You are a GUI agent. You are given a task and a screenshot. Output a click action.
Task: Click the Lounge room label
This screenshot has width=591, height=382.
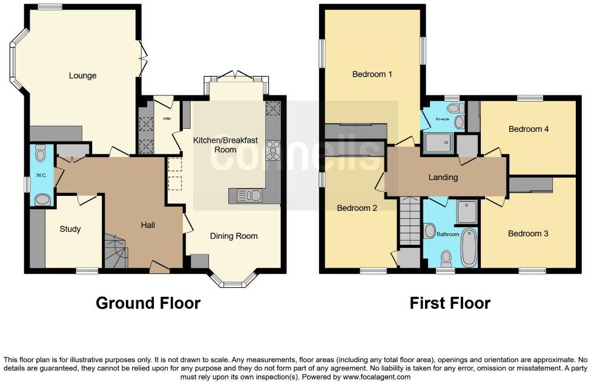(82, 76)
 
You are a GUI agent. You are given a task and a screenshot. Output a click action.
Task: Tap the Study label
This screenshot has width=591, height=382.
(70, 229)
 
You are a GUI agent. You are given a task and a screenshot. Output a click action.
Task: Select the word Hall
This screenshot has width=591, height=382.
(148, 225)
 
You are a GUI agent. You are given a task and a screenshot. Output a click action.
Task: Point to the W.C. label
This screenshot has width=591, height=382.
(41, 176)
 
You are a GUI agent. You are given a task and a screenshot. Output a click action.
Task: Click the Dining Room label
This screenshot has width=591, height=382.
(234, 236)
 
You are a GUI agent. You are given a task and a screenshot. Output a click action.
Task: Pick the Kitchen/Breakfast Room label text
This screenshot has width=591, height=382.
(225, 144)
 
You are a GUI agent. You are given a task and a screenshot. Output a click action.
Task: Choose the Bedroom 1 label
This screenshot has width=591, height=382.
(372, 74)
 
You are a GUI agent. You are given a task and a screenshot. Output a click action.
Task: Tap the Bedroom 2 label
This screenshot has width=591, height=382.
(357, 208)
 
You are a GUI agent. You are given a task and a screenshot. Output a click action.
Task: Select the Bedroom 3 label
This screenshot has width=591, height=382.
(528, 233)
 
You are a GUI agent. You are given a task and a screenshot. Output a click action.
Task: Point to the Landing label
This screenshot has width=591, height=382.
(443, 177)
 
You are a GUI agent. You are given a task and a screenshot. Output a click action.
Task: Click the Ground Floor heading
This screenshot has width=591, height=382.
(148, 302)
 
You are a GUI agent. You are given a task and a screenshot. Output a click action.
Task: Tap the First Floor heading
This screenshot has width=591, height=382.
(450, 302)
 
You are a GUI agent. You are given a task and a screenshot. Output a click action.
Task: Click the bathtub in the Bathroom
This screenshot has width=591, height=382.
(469, 248)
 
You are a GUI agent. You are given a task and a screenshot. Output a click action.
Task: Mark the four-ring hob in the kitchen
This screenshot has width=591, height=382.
(273, 149)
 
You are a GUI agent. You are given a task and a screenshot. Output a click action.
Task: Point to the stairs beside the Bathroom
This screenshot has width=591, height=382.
(410, 221)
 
